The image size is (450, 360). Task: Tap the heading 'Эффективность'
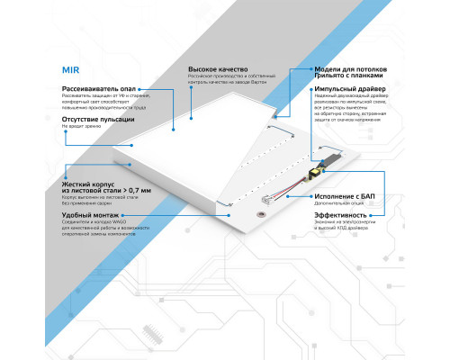pyautogui.click(x=340, y=216)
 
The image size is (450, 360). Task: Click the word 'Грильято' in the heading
pyautogui.click(x=334, y=78)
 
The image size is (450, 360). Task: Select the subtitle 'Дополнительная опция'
pyautogui.click(x=336, y=204)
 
